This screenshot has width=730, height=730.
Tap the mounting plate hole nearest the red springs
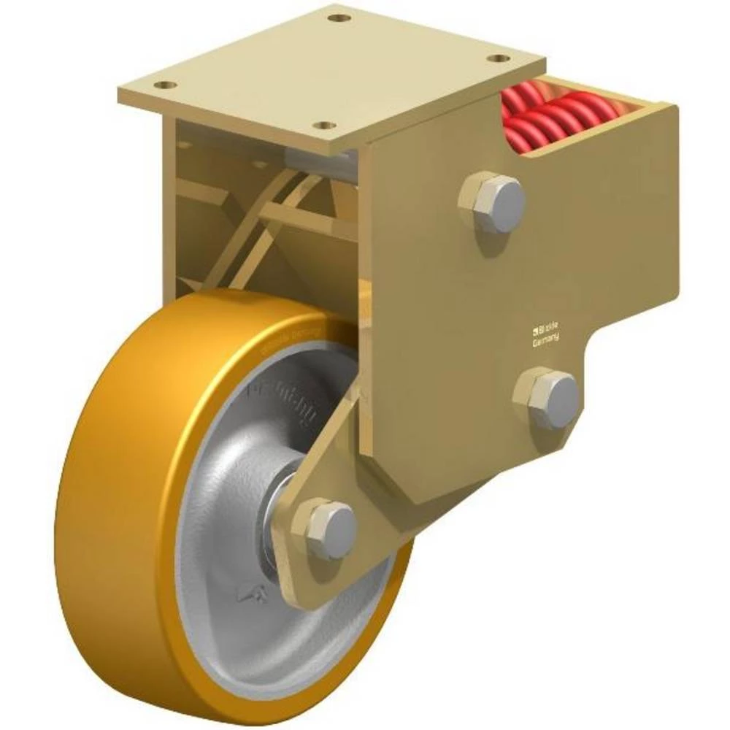tap(499, 57)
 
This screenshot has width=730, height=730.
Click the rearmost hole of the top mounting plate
tap(336, 17)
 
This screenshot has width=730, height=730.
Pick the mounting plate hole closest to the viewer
tap(328, 126)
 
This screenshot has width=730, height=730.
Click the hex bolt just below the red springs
tap(493, 201)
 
